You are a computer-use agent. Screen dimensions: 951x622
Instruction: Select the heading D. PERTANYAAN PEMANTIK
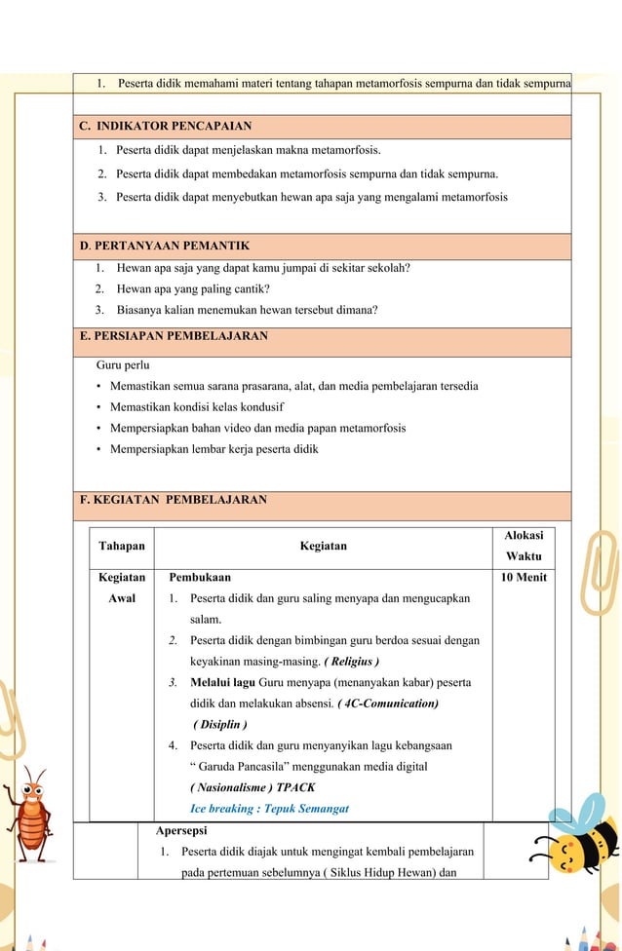(165, 246)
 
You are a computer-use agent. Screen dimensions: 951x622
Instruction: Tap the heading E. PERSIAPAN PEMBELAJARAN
(174, 336)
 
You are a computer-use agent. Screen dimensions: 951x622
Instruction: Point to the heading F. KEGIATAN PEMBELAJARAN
(173, 500)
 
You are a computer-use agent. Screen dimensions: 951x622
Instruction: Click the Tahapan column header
(122, 547)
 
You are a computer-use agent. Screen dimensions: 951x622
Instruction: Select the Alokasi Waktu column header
(524, 547)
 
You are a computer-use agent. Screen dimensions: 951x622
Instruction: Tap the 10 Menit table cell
(524, 578)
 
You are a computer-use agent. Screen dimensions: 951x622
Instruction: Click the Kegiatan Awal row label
(122, 588)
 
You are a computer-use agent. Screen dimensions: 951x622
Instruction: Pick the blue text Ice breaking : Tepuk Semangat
(269, 809)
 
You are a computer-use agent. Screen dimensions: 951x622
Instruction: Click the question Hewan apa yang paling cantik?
(193, 288)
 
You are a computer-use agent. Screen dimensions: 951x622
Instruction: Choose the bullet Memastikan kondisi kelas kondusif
(196, 407)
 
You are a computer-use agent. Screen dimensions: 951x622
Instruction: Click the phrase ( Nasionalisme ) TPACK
(253, 787)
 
